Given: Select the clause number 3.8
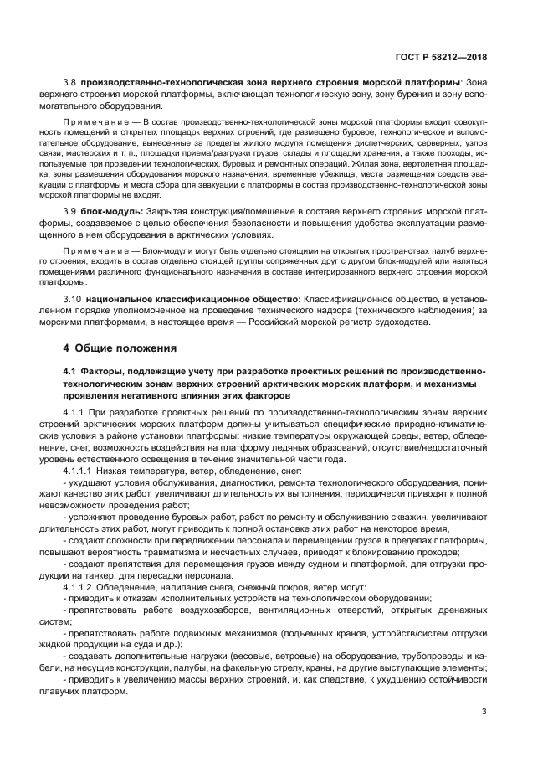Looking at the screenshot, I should [x=70, y=82].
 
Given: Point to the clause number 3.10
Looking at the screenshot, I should [x=73, y=298].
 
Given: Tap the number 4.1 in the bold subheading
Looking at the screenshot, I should [x=70, y=370].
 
